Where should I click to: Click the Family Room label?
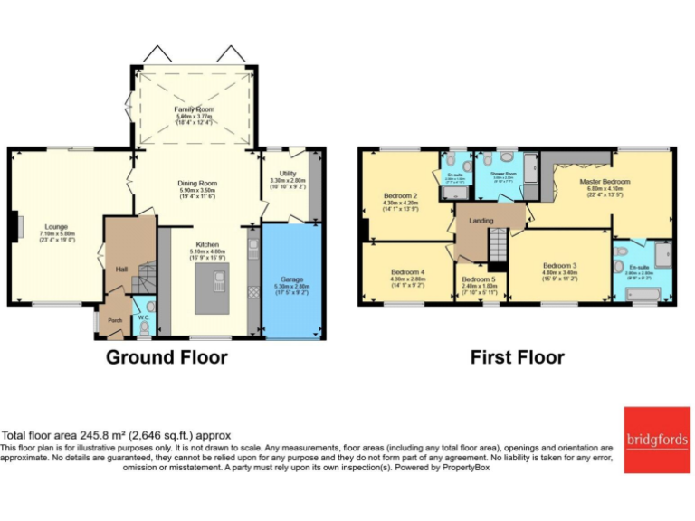[195, 109]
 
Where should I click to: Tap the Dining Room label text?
[197, 184]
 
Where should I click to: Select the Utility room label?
[289, 174]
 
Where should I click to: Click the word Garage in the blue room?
[291, 279]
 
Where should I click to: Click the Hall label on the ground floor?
[120, 269]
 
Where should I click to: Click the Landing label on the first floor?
[481, 220]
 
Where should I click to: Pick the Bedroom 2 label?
[400, 196]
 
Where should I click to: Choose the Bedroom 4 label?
[407, 272]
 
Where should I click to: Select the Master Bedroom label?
[605, 182]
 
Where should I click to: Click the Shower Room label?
[503, 173]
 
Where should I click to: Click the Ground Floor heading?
[167, 357]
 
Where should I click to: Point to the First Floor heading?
[517, 357]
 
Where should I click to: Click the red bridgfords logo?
[656, 440]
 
